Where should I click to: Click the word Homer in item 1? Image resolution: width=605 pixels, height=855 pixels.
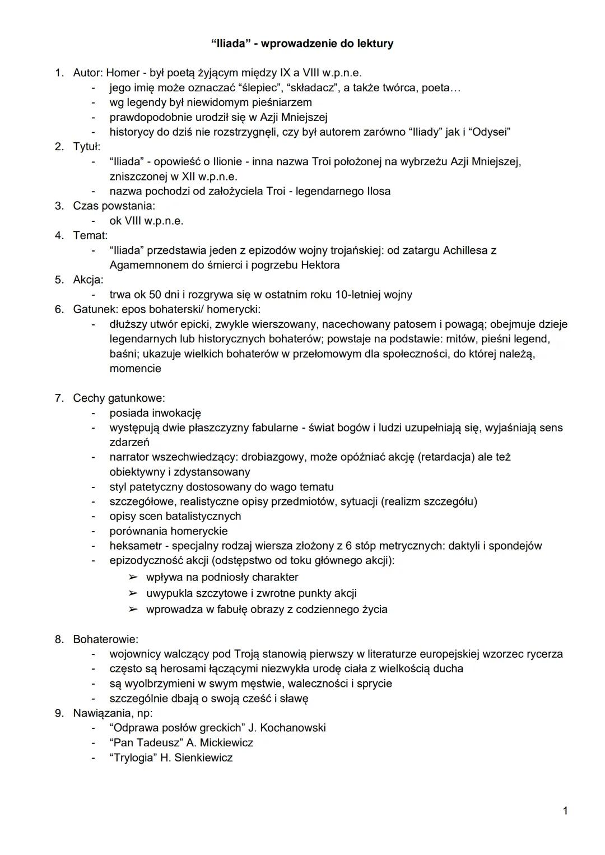click(123, 73)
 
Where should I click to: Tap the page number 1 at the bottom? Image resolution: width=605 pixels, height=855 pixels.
click(565, 810)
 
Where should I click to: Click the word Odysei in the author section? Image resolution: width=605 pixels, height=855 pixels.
click(489, 132)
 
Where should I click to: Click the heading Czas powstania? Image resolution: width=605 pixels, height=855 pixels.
click(114, 206)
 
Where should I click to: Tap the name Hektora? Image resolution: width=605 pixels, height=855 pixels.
click(320, 265)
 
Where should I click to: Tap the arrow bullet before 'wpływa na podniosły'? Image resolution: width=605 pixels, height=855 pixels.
click(133, 577)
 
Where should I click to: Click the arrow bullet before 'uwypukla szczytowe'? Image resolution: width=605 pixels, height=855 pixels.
click(133, 593)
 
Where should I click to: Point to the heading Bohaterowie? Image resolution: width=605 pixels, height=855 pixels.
click(105, 639)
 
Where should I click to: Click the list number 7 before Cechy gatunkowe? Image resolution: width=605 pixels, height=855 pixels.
click(58, 398)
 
